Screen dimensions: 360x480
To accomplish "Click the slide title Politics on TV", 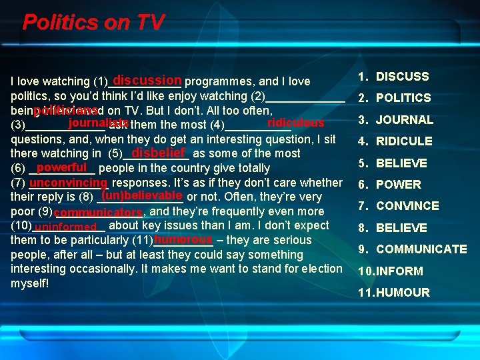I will pyautogui.click(x=93, y=23).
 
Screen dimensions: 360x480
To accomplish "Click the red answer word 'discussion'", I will pyautogui.click(x=147, y=79).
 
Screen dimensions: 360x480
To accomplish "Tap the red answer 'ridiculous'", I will pyautogui.click(x=295, y=123).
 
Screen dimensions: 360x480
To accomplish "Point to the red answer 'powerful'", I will pyautogui.click(x=63, y=167).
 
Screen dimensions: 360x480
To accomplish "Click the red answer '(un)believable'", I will pyautogui.click(x=141, y=195).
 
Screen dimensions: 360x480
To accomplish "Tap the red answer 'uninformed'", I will pyautogui.click(x=69, y=227).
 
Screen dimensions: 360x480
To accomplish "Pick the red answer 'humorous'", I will pyautogui.click(x=182, y=239).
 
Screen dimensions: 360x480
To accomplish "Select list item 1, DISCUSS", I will pyautogui.click(x=402, y=77).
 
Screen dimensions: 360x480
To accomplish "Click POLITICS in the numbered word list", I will pyautogui.click(x=403, y=98).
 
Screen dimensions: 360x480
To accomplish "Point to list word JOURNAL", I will pyautogui.click(x=404, y=120).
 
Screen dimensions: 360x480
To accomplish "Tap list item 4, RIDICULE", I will pyautogui.click(x=404, y=141).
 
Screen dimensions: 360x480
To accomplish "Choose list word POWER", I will pyautogui.click(x=398, y=185).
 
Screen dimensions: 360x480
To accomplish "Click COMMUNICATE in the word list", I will pyautogui.click(x=421, y=249).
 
